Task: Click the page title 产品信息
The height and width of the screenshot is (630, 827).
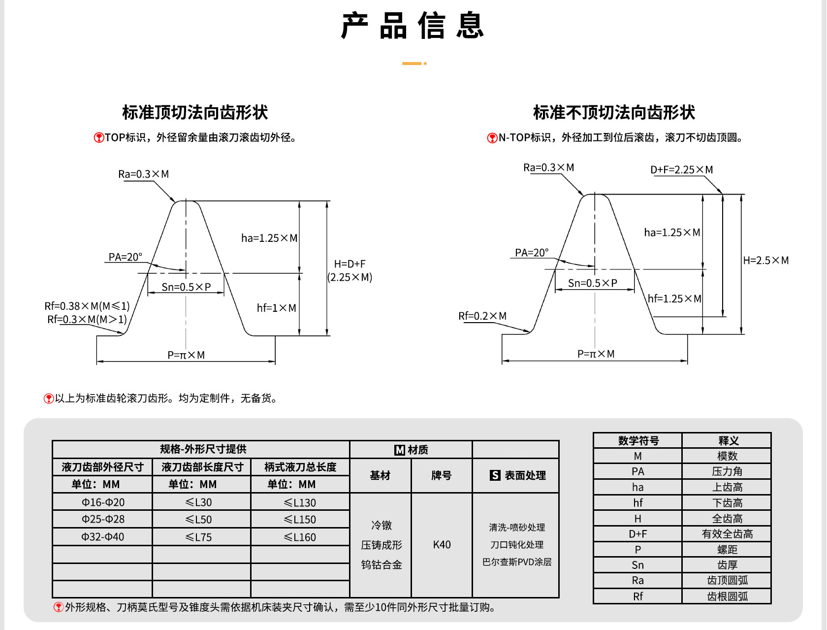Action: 413,25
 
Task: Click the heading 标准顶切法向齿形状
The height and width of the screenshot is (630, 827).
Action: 195,112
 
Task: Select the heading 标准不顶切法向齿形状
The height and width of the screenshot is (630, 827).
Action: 614,112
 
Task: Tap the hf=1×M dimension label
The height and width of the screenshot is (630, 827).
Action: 277,308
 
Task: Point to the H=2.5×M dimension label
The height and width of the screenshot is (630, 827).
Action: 766,260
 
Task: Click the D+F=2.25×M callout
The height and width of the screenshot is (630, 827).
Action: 682,169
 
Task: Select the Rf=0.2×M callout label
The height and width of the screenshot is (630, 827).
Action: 482,316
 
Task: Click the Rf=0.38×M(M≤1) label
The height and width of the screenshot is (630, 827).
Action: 87,306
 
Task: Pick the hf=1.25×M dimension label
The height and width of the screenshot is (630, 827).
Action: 674,298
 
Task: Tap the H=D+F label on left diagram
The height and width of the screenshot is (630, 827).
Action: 350,264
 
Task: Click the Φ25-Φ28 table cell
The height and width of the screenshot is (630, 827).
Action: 103,519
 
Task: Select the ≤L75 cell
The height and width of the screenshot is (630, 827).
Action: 198,537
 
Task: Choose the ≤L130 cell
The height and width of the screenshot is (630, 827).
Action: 300,502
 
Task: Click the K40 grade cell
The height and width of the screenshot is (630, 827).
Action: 442,545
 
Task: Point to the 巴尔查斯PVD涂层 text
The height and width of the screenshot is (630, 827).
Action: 517,562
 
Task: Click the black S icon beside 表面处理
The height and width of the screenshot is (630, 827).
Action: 495,475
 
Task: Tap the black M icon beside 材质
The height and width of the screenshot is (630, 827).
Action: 399,450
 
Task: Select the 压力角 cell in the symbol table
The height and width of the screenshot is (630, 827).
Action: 727,472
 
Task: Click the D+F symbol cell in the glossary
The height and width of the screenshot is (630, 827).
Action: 638,534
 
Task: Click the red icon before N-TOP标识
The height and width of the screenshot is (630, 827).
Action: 492,138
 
